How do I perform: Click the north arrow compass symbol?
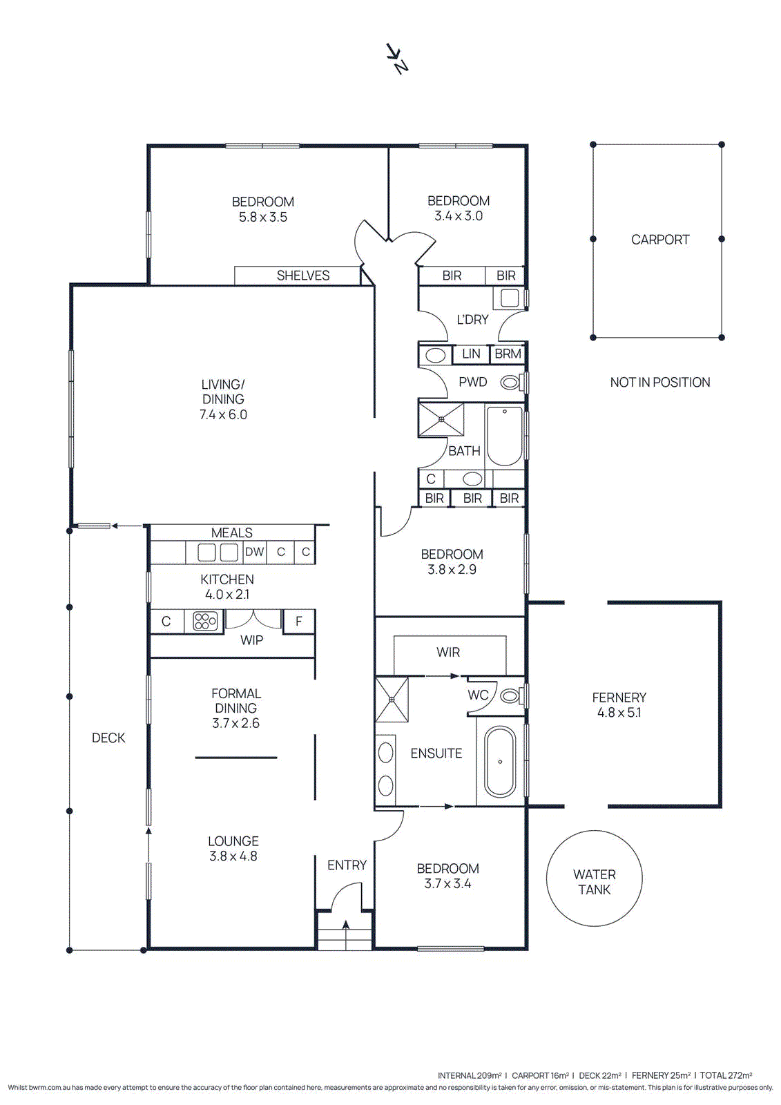pos(397,58)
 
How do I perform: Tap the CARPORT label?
pos(659,240)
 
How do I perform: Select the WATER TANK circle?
pos(594,878)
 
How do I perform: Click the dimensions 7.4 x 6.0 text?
pos(223,414)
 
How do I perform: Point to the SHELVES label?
pos(302,276)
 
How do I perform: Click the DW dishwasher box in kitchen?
pos(254,552)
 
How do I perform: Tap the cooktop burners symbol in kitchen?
pos(205,621)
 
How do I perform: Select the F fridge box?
pos(298,621)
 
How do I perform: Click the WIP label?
pos(251,640)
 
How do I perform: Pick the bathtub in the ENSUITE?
pos(500,762)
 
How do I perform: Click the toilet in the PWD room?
pos(510,382)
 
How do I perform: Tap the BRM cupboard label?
pos(508,354)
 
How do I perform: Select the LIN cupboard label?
pos(471,354)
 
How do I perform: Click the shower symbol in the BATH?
pos(441,419)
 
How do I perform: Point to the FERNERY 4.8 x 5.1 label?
pos(619,705)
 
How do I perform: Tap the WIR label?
pos(447,652)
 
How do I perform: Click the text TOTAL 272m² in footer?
pos(726,1075)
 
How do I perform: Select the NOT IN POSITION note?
pos(659,383)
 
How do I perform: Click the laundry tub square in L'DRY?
pos(510,298)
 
